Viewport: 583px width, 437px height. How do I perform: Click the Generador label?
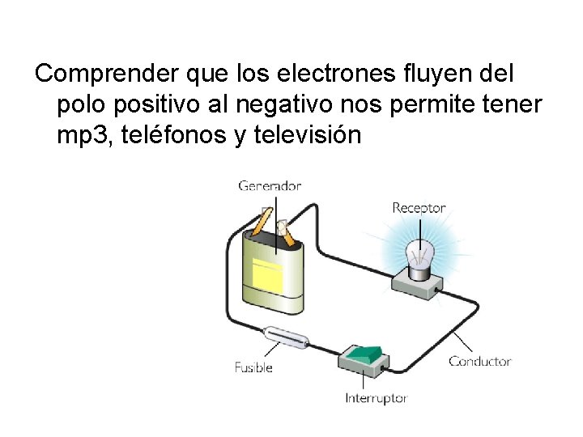point(270,185)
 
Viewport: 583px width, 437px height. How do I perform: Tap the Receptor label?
point(419,208)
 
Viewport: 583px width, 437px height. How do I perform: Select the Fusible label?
point(253,367)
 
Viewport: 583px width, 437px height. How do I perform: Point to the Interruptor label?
point(376,398)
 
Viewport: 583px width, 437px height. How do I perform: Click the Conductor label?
point(480,361)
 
